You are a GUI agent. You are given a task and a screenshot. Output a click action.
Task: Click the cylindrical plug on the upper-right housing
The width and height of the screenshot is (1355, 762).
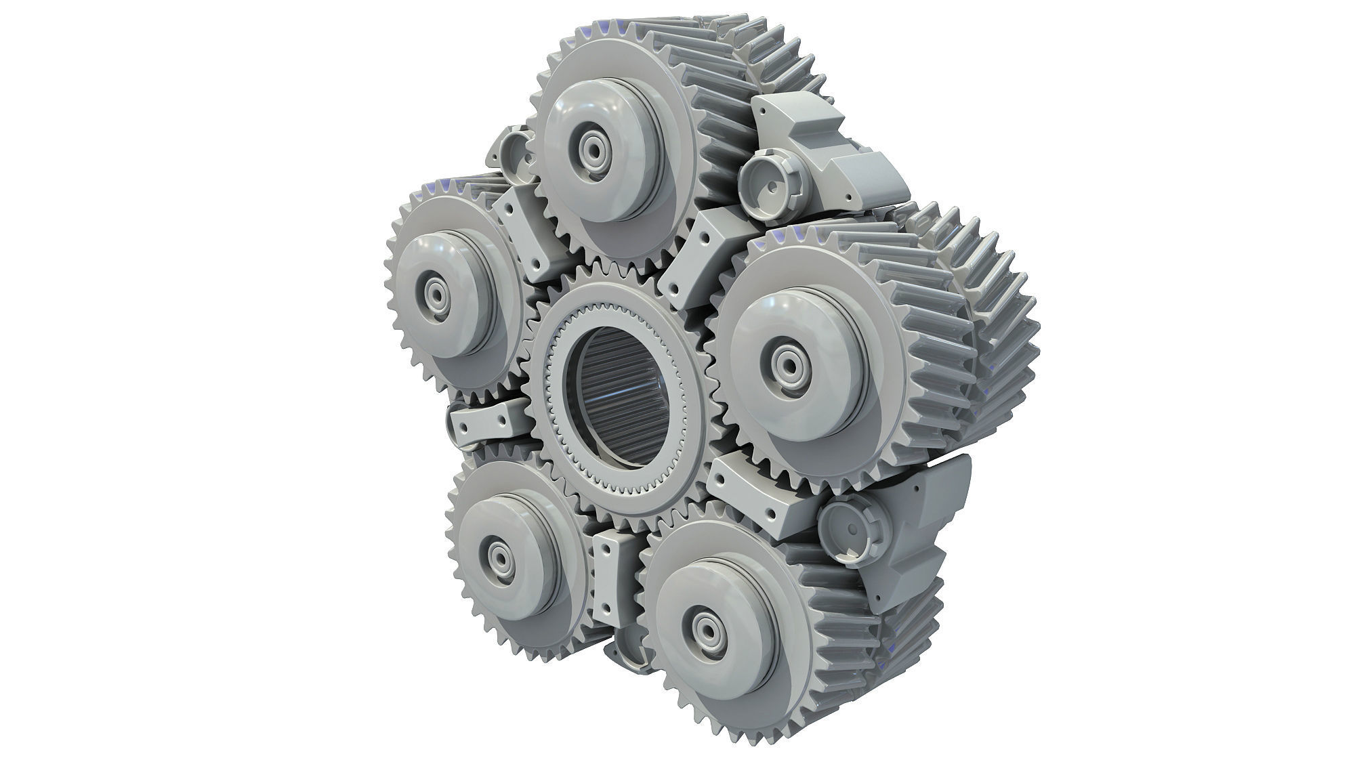coord(768,184)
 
